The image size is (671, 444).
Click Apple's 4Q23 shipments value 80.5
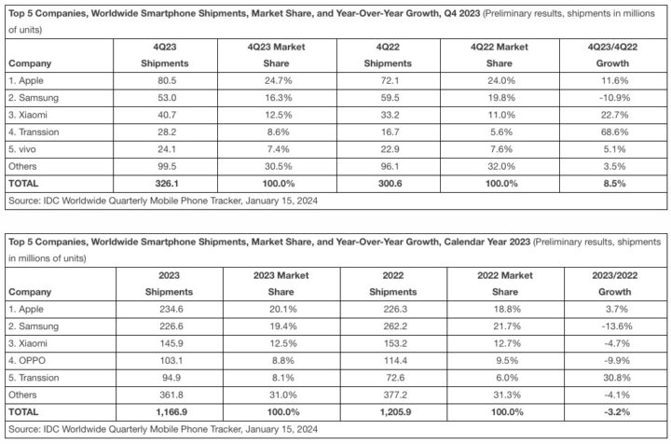[x=167, y=80]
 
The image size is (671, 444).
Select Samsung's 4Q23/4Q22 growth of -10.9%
[x=614, y=98]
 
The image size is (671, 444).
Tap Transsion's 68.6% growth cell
[x=614, y=132]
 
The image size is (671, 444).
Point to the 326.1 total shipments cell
[x=167, y=184]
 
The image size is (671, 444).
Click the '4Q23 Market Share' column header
[x=277, y=55]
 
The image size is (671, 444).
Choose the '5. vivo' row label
[x=22, y=149]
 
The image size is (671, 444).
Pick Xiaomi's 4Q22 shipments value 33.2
[x=390, y=115]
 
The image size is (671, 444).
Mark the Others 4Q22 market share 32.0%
[x=501, y=167]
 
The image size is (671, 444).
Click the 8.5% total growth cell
[x=614, y=184]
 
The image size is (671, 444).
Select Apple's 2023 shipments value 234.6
[x=171, y=309]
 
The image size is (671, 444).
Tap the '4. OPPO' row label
[x=27, y=360]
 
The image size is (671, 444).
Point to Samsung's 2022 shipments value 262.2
[x=395, y=326]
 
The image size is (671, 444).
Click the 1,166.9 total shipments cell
[x=171, y=412]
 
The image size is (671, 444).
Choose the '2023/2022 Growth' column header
[x=614, y=284]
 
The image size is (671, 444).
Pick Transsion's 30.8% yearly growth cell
[x=617, y=378]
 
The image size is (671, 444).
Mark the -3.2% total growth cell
[x=617, y=412]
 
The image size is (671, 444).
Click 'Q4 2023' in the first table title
[x=461, y=13]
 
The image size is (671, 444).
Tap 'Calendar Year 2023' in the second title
[x=487, y=242]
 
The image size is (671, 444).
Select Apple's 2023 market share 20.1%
[x=283, y=309]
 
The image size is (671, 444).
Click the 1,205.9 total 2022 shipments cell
[x=395, y=412]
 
